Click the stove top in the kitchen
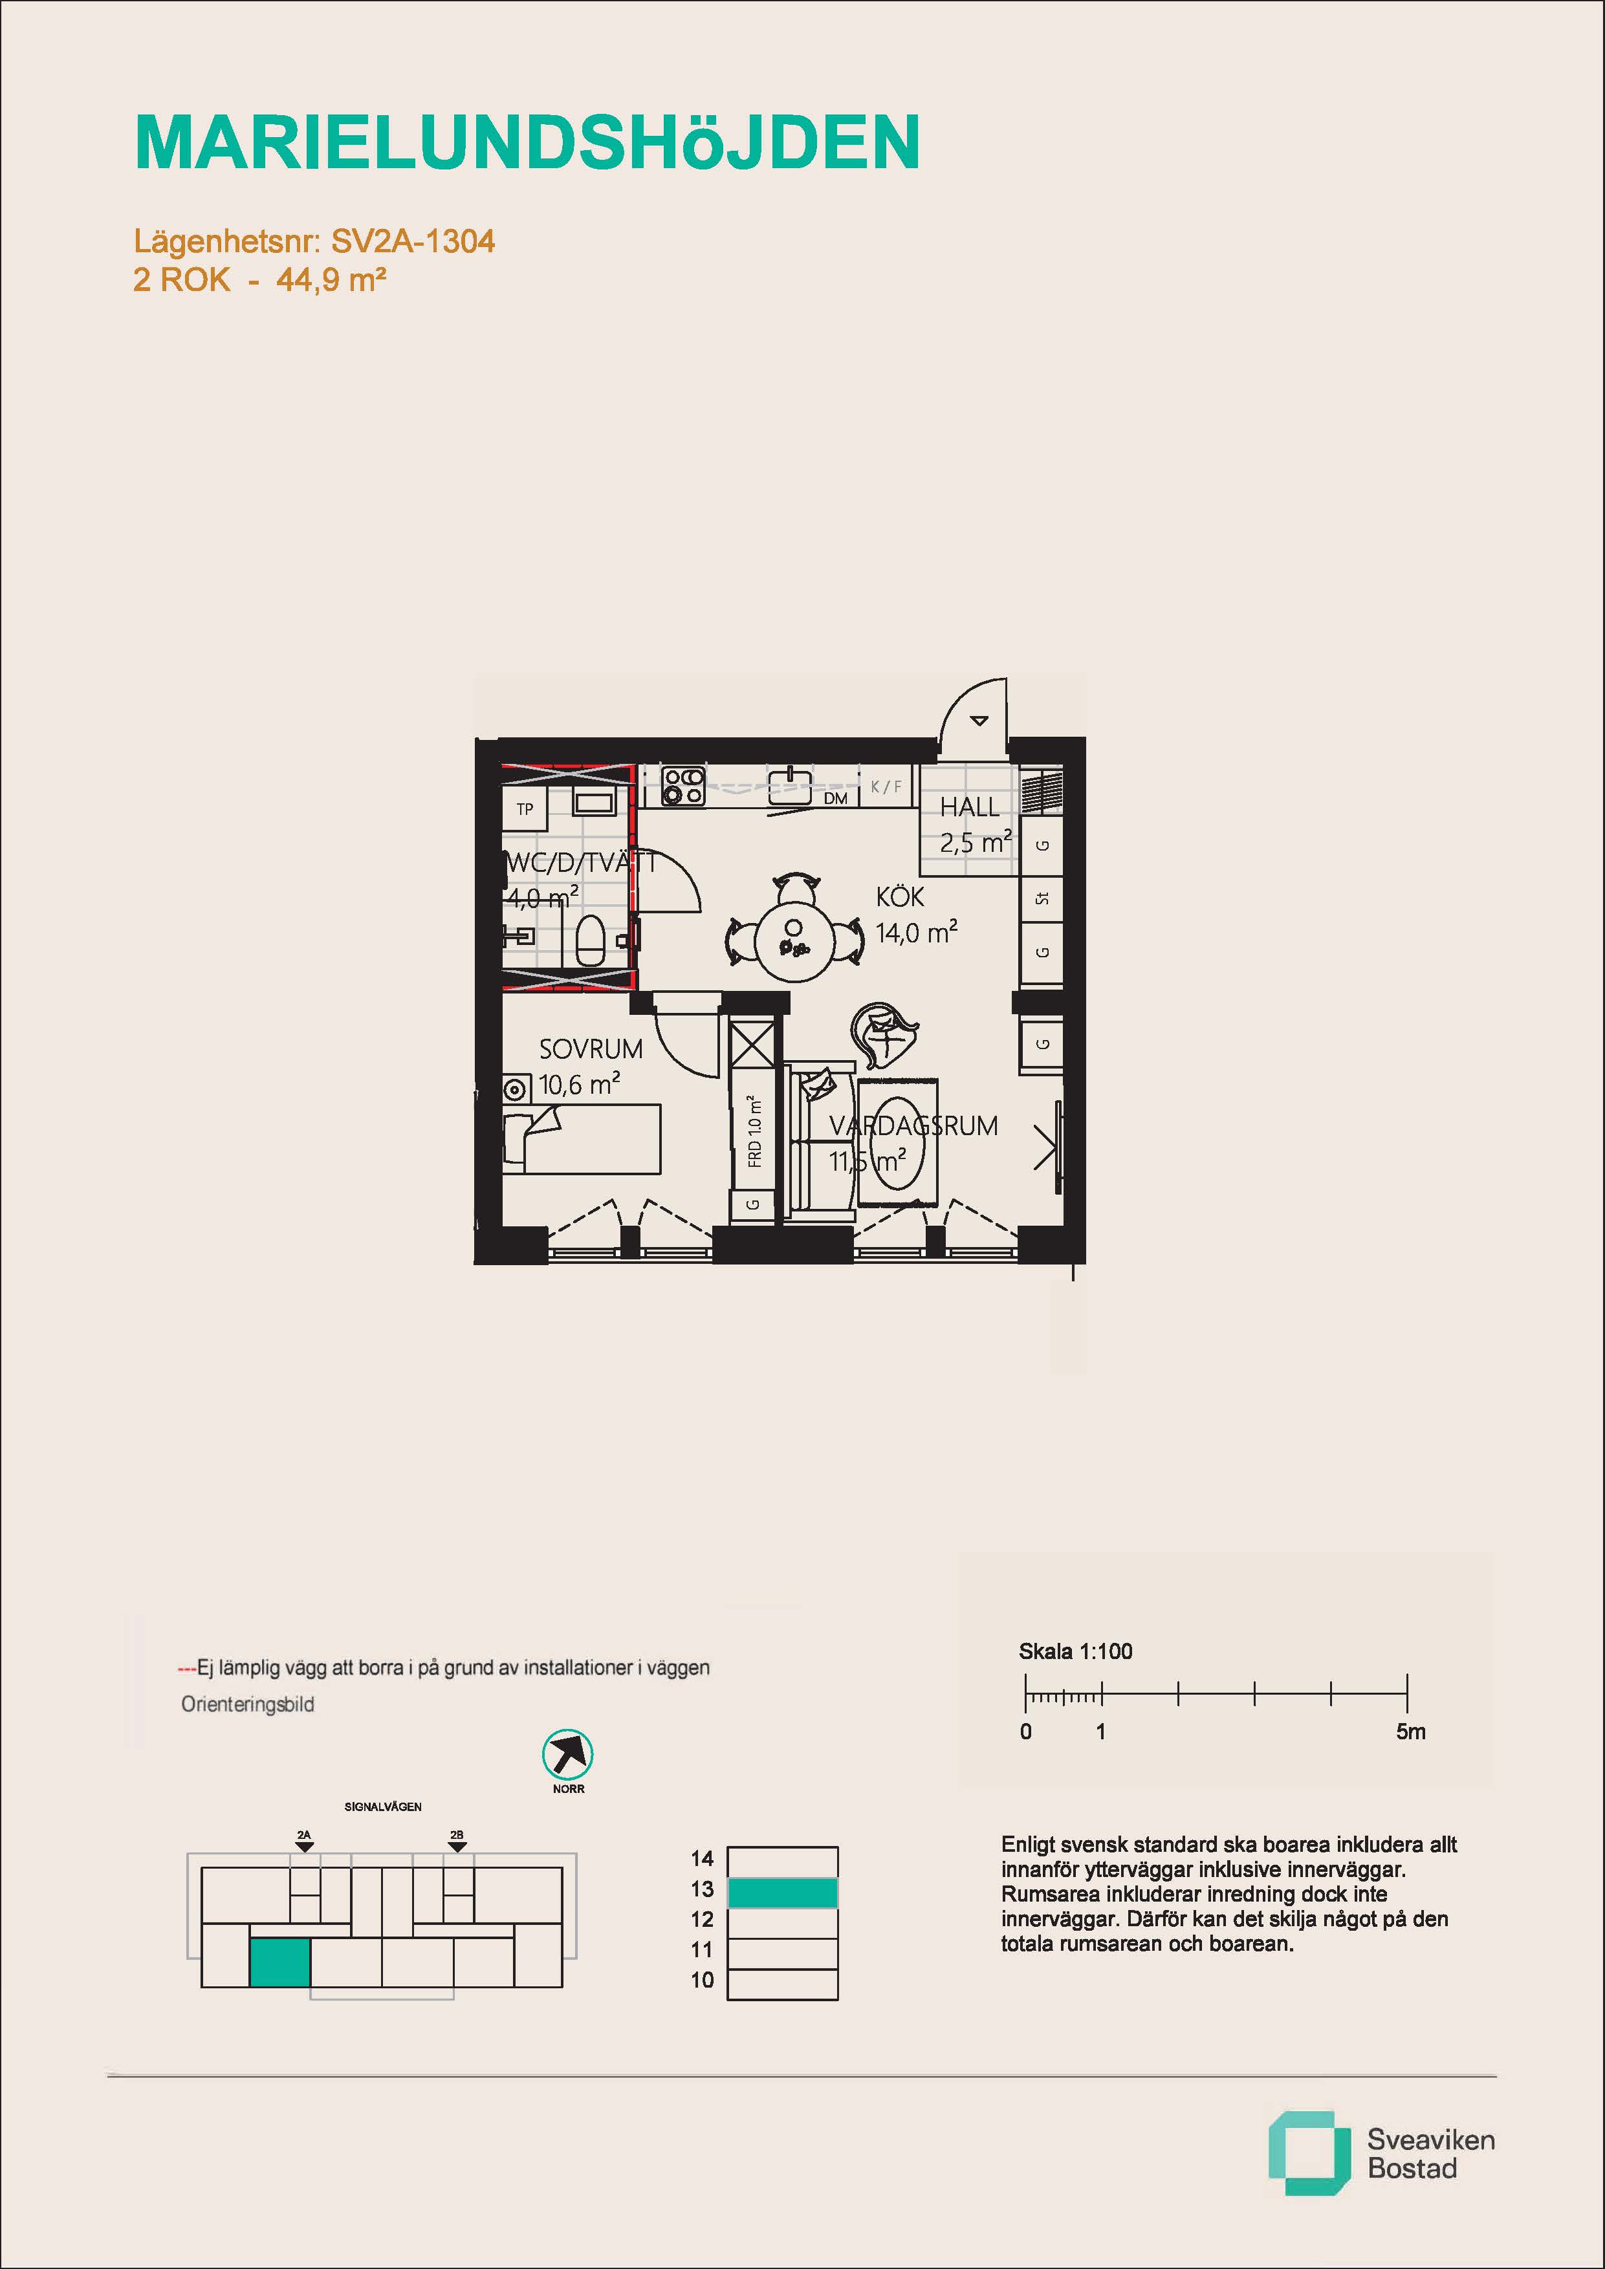[683, 786]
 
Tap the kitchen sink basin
[791, 787]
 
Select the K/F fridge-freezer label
[886, 787]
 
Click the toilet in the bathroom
[590, 939]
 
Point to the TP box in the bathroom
[525, 809]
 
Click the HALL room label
[970, 807]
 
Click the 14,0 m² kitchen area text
[916, 932]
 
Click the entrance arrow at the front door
[978, 721]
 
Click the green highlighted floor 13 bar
[783, 1893]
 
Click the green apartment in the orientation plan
[279, 1962]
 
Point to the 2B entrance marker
[457, 1840]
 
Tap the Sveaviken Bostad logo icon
[1309, 2153]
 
